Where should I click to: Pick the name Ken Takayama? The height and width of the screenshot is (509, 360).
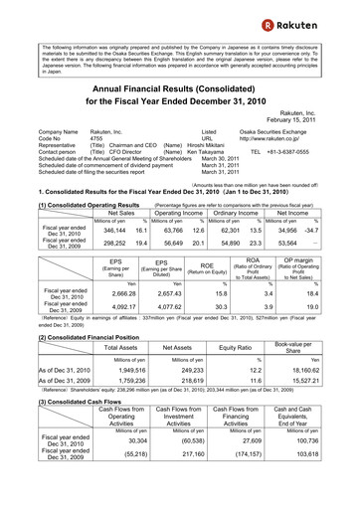pyautogui.click(x=205, y=154)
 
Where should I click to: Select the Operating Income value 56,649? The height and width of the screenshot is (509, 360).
pyautogui.click(x=179, y=243)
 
